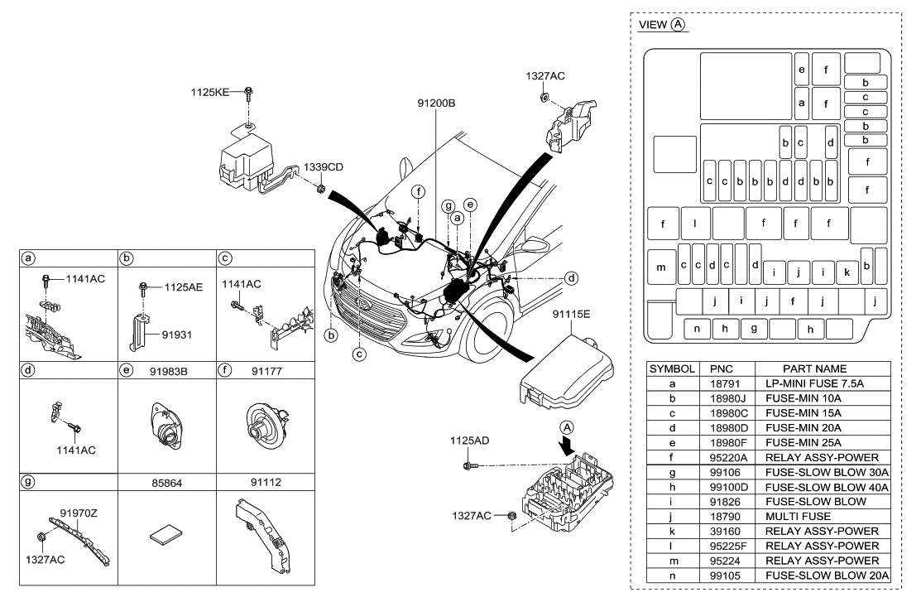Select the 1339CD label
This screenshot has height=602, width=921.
(323, 166)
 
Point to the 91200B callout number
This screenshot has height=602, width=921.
(438, 104)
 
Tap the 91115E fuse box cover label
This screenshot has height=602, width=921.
(572, 315)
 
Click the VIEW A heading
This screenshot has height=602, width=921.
(662, 26)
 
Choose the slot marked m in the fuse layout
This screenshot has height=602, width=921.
(660, 267)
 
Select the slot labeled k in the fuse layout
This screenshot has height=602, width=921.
(847, 271)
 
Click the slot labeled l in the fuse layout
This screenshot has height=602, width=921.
(695, 223)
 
